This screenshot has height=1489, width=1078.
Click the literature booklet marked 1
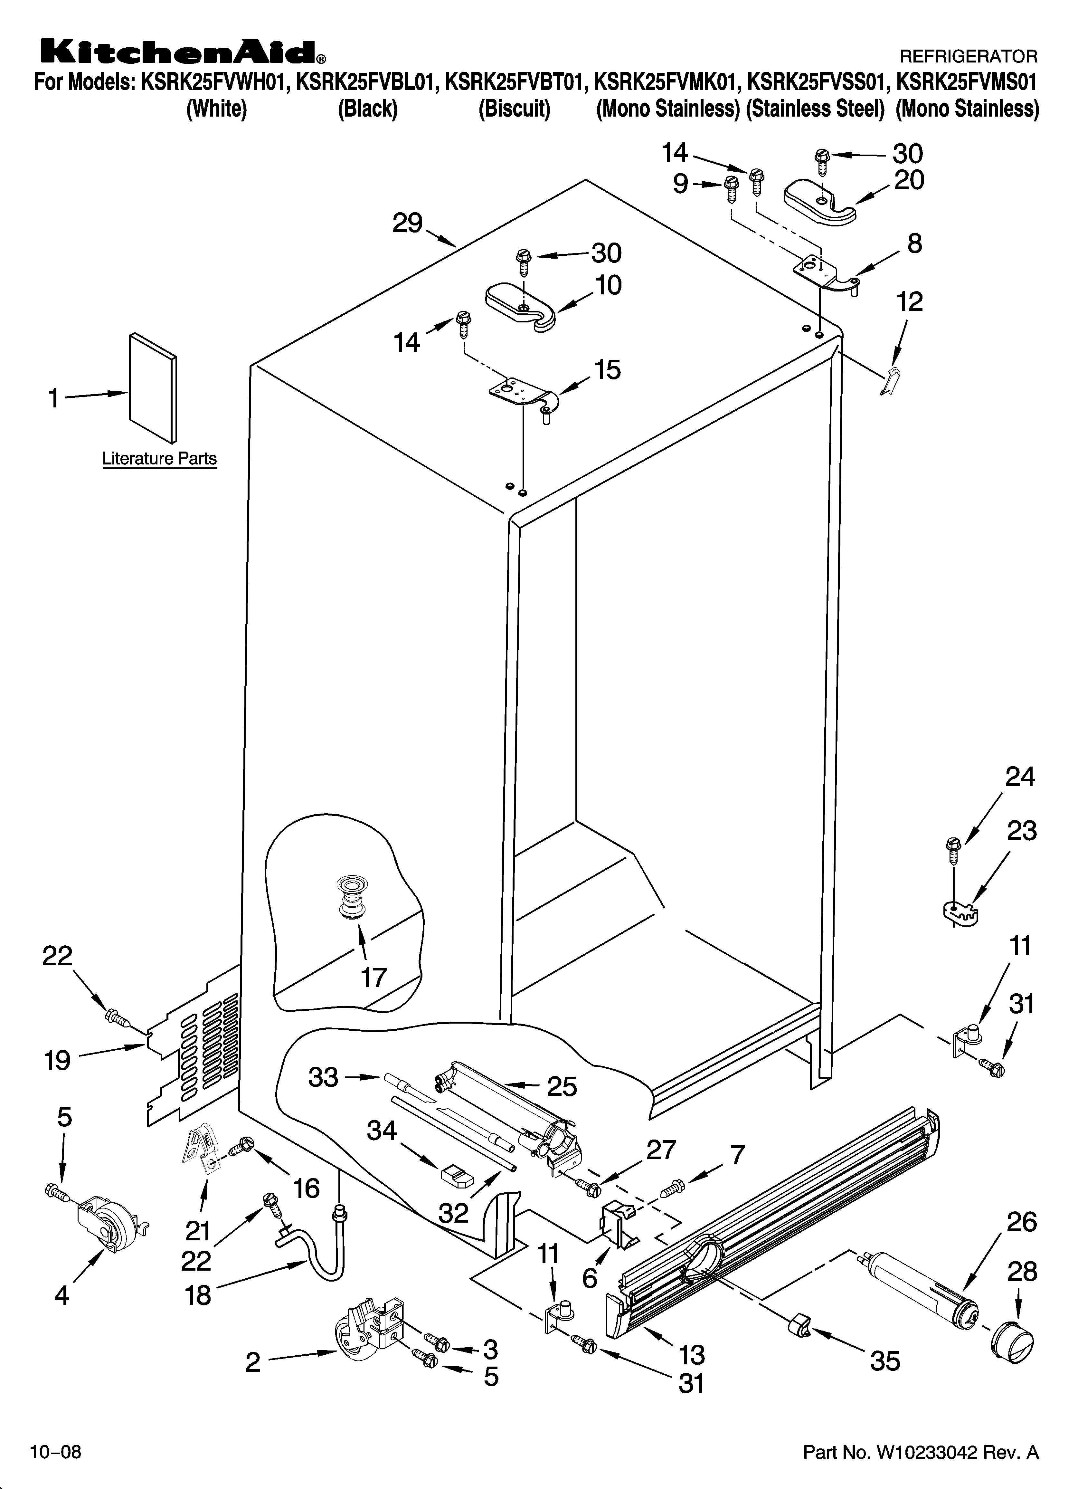tap(152, 387)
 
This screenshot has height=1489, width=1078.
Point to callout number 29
tap(407, 224)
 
